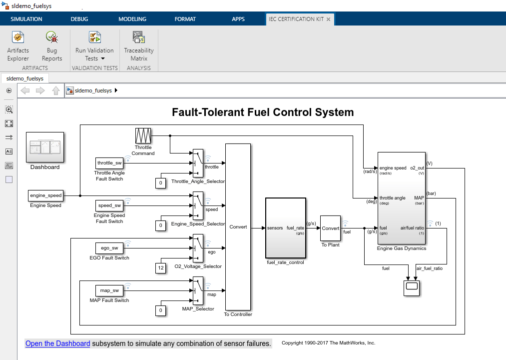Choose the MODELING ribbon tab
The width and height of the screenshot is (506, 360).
click(132, 19)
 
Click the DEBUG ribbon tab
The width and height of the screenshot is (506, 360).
click(79, 19)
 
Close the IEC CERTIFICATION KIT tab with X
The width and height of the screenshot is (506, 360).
click(328, 19)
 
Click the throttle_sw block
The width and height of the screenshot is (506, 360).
click(109, 163)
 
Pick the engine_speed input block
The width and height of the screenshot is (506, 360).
click(45, 195)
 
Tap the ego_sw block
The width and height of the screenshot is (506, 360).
click(109, 248)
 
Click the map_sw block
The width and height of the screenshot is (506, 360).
click(109, 290)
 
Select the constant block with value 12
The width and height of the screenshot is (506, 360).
click(160, 268)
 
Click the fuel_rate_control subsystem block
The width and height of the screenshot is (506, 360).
click(285, 227)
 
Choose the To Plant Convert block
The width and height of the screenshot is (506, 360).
click(330, 228)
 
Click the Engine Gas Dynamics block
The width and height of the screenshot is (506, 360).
click(402, 197)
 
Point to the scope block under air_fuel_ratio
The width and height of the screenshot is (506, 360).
click(412, 288)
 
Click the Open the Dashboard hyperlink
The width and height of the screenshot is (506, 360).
click(57, 343)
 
